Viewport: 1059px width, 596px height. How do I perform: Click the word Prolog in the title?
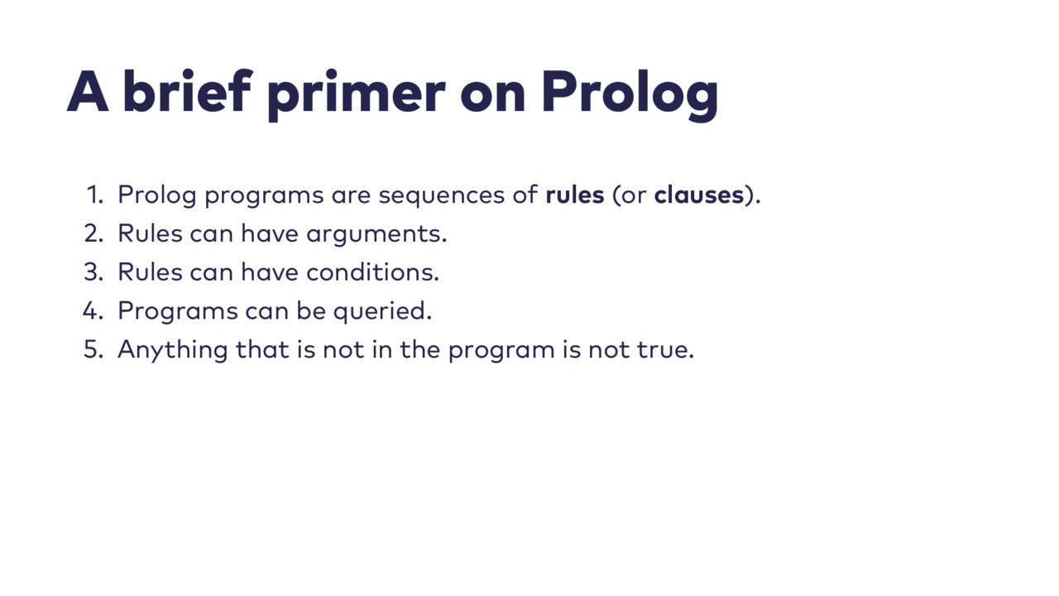point(630,94)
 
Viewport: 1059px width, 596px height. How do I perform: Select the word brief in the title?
point(187,90)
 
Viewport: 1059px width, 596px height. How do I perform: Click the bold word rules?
point(575,195)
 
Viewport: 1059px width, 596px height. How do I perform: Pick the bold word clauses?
point(699,195)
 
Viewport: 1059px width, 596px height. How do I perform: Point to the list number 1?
point(95,195)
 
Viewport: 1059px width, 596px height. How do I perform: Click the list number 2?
point(93,233)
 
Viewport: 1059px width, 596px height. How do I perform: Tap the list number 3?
point(93,272)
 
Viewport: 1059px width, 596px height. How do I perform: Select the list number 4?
point(93,311)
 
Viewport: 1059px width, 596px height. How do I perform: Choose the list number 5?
point(93,350)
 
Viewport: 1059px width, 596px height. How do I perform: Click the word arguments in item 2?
point(376,235)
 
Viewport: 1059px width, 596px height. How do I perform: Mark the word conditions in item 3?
point(373,272)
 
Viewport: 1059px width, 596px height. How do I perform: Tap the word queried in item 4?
point(383,312)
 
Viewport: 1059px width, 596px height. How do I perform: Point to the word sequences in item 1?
point(442,197)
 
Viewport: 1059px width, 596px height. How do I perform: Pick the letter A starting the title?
point(88,91)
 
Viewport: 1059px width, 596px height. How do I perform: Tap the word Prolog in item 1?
point(157,196)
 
